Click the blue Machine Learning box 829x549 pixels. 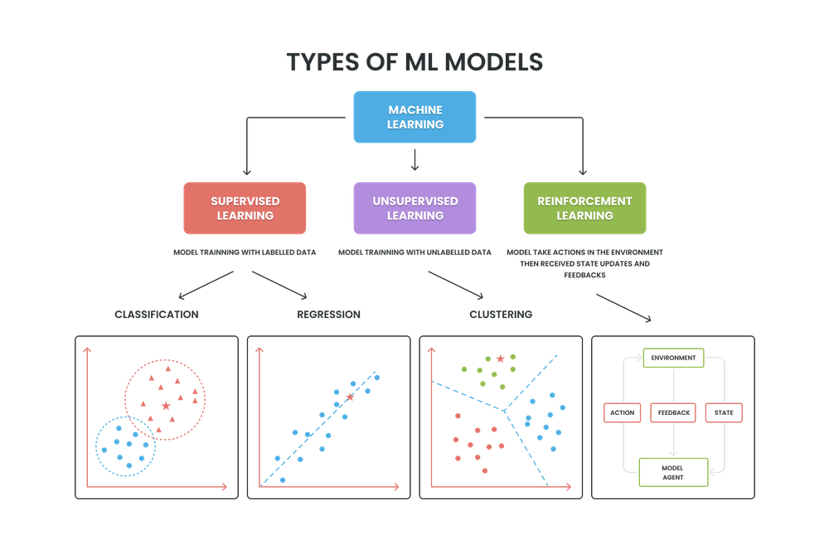click(414, 117)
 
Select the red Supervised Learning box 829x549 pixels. click(245, 208)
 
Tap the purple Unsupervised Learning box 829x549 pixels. click(414, 208)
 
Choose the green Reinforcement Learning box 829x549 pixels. click(584, 208)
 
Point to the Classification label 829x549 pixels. click(158, 315)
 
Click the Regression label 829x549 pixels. click(328, 315)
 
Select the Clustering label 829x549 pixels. click(500, 315)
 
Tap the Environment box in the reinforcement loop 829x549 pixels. click(674, 358)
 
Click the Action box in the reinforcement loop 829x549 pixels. click(620, 412)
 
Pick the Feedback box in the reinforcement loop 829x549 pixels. click(673, 412)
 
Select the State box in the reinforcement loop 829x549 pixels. click(724, 412)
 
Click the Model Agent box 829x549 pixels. click(673, 471)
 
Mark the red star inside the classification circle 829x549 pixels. click(166, 406)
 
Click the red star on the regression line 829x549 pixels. click(350, 397)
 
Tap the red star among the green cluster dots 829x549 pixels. click(501, 359)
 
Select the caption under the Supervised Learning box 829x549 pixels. click(245, 251)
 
